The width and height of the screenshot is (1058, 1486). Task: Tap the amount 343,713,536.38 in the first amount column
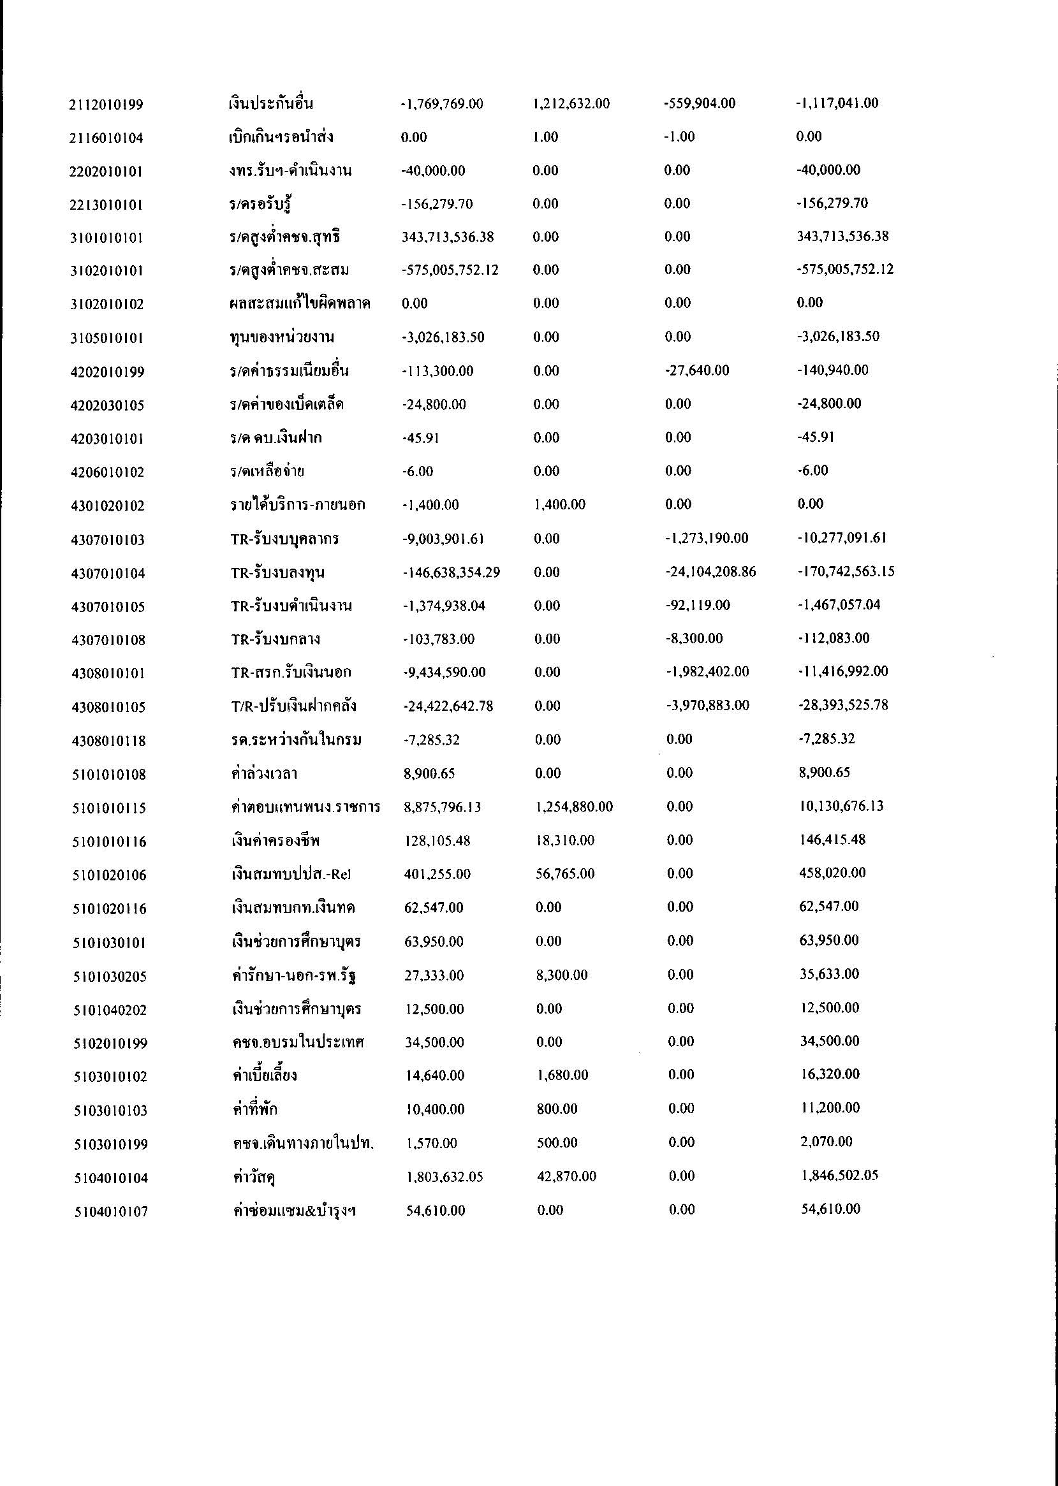tap(448, 237)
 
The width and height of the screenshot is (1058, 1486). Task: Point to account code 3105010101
tap(108, 338)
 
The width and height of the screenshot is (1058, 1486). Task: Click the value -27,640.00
tap(696, 370)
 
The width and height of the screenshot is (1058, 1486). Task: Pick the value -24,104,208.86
tap(710, 572)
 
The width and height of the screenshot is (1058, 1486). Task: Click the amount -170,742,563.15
tap(846, 572)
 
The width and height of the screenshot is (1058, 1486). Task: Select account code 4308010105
tap(108, 706)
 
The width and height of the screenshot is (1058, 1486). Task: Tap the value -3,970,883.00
tap(707, 705)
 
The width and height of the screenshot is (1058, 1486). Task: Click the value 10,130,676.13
tap(841, 806)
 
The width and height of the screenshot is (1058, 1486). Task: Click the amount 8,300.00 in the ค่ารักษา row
tap(562, 975)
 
